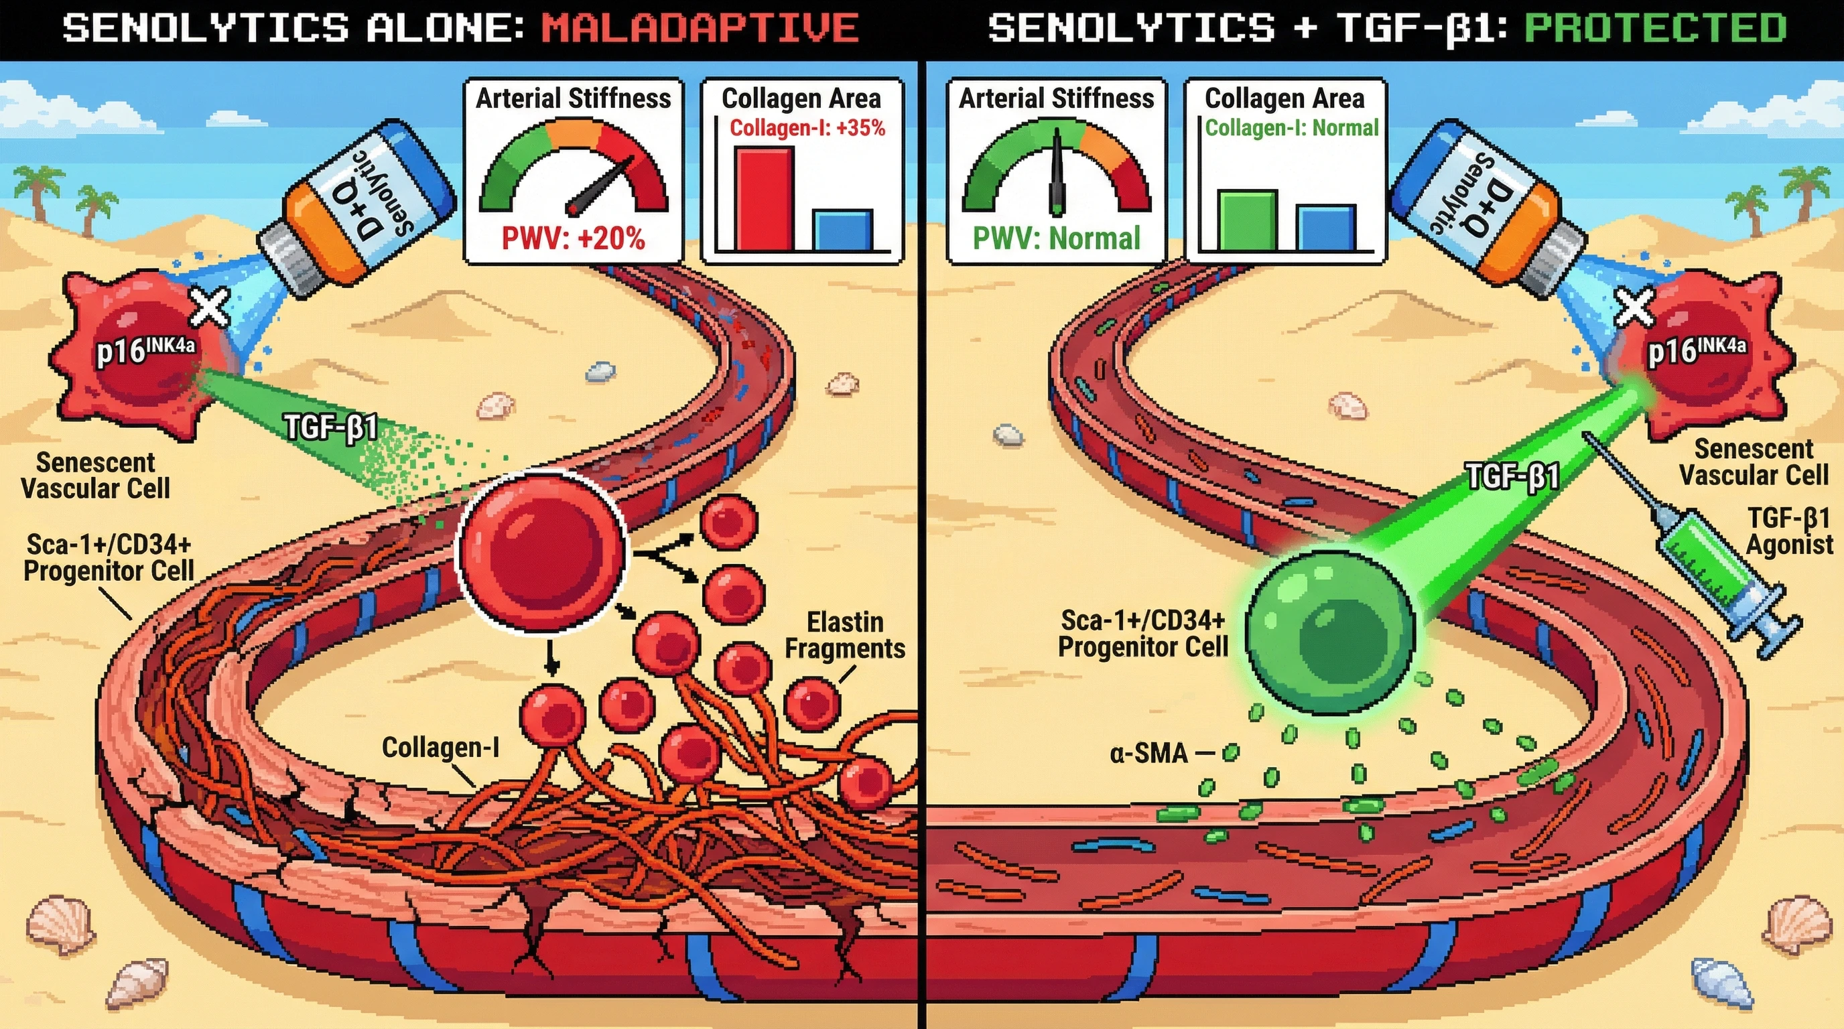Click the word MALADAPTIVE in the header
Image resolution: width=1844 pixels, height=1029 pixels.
pos(700,29)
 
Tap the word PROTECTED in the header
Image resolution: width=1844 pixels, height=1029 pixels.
pos(1655,29)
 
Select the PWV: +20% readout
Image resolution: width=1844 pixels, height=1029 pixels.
pos(573,238)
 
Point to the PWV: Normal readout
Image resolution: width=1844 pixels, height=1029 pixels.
pos(1056,238)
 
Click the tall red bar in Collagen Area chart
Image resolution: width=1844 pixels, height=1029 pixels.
pos(765,198)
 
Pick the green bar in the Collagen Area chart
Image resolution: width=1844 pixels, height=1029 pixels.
pos(1247,220)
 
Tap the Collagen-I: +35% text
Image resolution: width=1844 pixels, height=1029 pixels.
pos(807,128)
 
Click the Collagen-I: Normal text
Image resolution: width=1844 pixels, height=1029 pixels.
pos(1291,128)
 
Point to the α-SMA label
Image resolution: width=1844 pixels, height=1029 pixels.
pos(1149,754)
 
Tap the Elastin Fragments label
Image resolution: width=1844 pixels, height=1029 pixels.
pos(845,636)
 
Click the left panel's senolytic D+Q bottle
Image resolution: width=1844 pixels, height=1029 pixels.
pos(358,208)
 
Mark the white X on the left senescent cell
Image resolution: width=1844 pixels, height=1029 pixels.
pos(209,307)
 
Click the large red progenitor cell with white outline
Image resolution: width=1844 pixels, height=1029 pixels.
pos(541,549)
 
